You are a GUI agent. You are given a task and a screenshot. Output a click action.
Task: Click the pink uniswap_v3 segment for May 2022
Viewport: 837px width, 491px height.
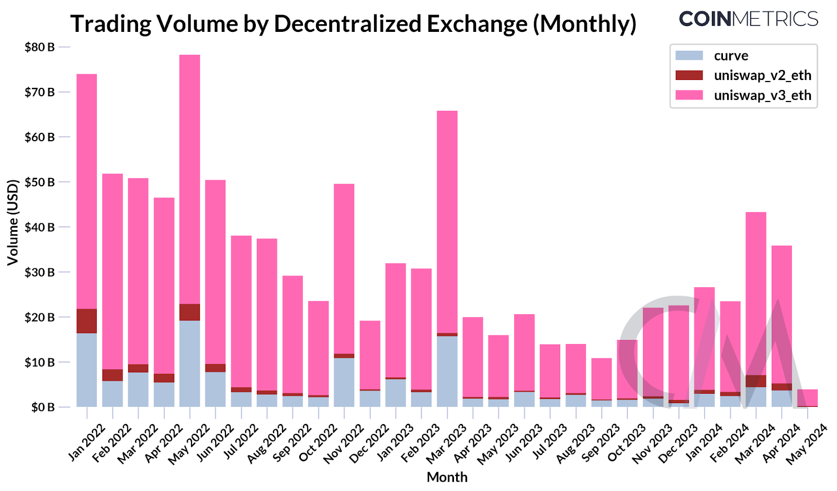(x=189, y=178)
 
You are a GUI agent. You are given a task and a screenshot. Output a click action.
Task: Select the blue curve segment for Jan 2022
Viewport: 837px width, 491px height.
(x=86, y=370)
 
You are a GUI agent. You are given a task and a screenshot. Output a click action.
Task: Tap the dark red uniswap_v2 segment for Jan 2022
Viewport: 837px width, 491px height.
(x=86, y=321)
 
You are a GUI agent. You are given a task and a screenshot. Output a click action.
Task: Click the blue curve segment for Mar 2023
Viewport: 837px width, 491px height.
(x=447, y=371)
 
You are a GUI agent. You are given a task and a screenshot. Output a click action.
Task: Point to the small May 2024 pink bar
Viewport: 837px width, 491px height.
(x=807, y=397)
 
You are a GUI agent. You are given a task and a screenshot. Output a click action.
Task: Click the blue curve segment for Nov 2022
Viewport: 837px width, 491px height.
(x=344, y=382)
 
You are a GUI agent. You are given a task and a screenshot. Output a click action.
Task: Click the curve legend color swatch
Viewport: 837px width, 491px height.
(x=689, y=55)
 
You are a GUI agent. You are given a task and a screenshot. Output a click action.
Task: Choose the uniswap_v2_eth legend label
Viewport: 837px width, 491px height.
(x=762, y=75)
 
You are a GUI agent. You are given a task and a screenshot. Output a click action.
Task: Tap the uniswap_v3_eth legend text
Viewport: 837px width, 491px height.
(x=762, y=95)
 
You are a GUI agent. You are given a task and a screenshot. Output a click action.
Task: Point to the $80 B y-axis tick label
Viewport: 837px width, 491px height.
(x=39, y=47)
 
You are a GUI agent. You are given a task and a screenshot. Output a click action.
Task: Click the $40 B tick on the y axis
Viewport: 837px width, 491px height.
(x=39, y=227)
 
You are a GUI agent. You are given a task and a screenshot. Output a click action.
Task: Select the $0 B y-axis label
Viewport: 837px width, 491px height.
(x=42, y=407)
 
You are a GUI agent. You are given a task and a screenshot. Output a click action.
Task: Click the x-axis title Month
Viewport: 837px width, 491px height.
(x=447, y=477)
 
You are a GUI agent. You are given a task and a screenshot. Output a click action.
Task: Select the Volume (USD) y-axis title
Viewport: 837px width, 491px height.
(x=13, y=222)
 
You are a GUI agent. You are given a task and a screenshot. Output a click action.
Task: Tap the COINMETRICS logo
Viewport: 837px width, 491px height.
(x=748, y=19)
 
